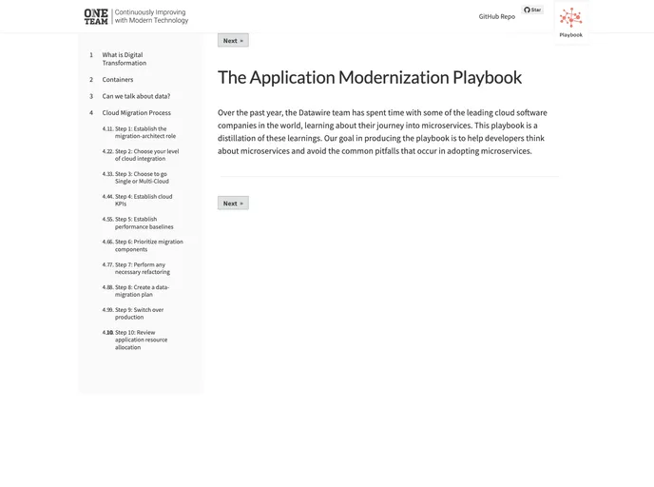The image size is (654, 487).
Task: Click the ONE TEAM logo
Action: (x=96, y=16)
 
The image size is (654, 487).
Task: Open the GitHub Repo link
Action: (x=496, y=16)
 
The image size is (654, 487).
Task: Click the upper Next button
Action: (x=233, y=41)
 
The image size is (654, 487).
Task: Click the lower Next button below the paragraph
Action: (x=233, y=203)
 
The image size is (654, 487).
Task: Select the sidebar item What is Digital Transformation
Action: (x=123, y=59)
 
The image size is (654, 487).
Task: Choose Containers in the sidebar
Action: (x=118, y=80)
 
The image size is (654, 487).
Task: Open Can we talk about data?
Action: (x=136, y=96)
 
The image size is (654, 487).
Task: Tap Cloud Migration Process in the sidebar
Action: (x=136, y=112)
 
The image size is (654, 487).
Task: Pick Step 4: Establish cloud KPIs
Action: (x=143, y=200)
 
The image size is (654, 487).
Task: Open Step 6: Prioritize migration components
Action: (x=148, y=245)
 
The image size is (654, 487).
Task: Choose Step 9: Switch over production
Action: (x=139, y=313)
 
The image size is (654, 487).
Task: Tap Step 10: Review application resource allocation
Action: (x=141, y=340)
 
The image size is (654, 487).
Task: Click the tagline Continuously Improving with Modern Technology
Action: (x=151, y=16)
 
